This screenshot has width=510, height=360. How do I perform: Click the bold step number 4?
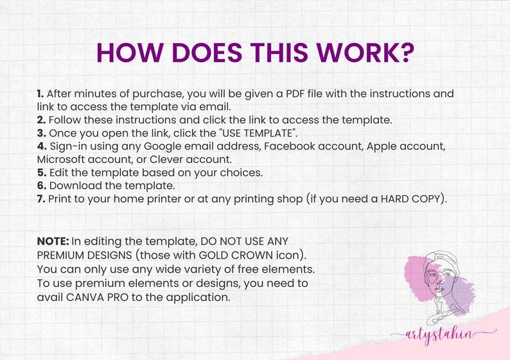tap(42, 146)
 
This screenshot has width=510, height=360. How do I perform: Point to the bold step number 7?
tap(41, 199)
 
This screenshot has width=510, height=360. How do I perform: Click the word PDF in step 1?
tap(295, 94)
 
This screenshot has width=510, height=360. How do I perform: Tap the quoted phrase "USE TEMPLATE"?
tap(258, 133)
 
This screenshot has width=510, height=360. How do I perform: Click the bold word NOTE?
tap(53, 241)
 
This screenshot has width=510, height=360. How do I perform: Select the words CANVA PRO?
tap(97, 297)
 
